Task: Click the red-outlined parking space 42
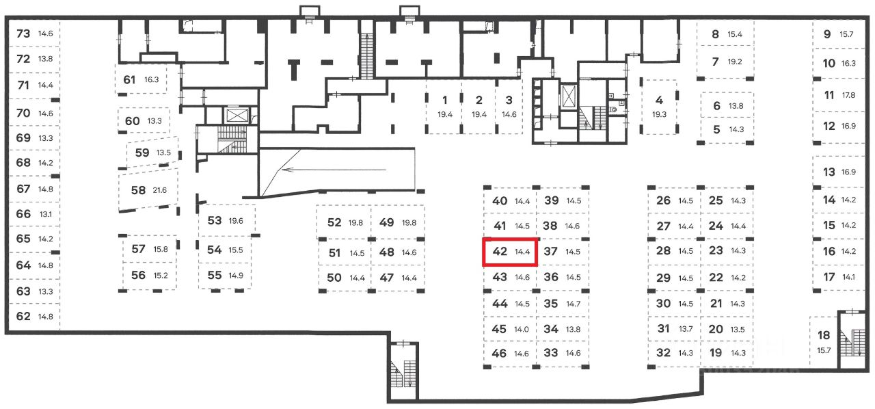(510, 252)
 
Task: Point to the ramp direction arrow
(334, 171)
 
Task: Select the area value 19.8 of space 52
(356, 222)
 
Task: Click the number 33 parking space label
(551, 354)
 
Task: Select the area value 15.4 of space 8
(735, 34)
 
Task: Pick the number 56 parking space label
(138, 275)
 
